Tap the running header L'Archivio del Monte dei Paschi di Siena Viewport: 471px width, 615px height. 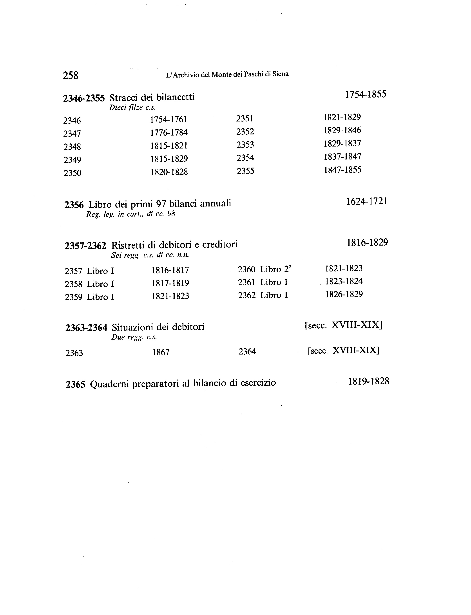[x=227, y=74]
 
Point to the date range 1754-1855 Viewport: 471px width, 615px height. [x=365, y=94]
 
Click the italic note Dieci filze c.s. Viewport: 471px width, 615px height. [x=132, y=107]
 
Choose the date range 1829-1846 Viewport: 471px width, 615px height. [x=342, y=130]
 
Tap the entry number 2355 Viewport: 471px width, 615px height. [x=245, y=171]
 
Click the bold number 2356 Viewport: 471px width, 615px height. [x=74, y=205]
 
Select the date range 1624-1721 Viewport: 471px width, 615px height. [x=367, y=201]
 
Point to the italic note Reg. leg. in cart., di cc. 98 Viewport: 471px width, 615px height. [x=130, y=214]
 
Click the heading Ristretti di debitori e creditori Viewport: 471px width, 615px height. [x=174, y=244]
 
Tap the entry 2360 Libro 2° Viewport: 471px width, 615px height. [x=264, y=269]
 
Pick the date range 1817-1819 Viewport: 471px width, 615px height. [x=170, y=283]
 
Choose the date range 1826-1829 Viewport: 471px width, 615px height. [x=344, y=294]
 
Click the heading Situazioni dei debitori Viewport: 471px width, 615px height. [x=158, y=327]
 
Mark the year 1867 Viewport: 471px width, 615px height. [x=161, y=352]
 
